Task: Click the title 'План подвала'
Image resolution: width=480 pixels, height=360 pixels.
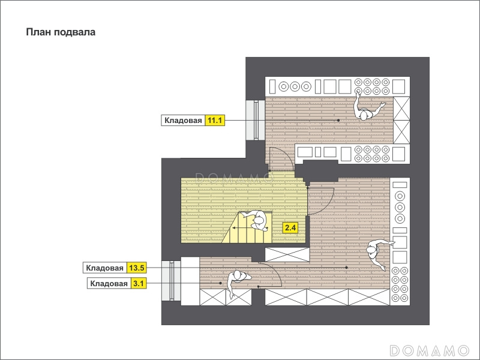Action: tap(61, 32)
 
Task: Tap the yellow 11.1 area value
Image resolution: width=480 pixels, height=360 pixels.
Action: tap(215, 121)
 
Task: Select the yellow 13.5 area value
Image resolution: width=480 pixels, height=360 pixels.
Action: tap(137, 268)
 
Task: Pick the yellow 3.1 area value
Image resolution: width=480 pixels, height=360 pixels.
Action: tap(139, 283)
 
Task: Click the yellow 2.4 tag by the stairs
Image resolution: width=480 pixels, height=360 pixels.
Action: tap(290, 228)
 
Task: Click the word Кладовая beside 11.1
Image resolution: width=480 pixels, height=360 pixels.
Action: tap(183, 121)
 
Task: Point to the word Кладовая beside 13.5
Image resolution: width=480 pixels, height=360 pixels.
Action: tap(104, 268)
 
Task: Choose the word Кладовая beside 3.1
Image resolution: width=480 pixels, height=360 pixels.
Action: tap(109, 283)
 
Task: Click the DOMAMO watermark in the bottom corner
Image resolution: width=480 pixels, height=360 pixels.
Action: tap(430, 350)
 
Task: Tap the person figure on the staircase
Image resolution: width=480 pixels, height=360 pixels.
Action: tap(257, 220)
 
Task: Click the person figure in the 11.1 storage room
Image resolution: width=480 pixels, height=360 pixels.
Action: tap(366, 108)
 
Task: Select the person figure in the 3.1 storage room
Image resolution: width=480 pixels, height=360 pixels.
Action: tap(238, 281)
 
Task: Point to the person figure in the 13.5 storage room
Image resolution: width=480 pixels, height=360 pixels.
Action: tap(377, 253)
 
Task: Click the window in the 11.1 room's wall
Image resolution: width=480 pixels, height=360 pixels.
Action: tap(256, 121)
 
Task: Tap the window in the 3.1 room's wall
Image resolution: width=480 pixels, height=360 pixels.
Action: tap(171, 280)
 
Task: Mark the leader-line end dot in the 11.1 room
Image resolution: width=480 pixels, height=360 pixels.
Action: tap(338, 121)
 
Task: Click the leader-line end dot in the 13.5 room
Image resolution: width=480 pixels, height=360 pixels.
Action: tap(347, 268)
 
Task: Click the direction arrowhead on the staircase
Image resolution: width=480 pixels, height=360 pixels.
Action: tap(234, 228)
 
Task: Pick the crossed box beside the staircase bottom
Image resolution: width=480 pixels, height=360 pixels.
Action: tap(287, 254)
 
